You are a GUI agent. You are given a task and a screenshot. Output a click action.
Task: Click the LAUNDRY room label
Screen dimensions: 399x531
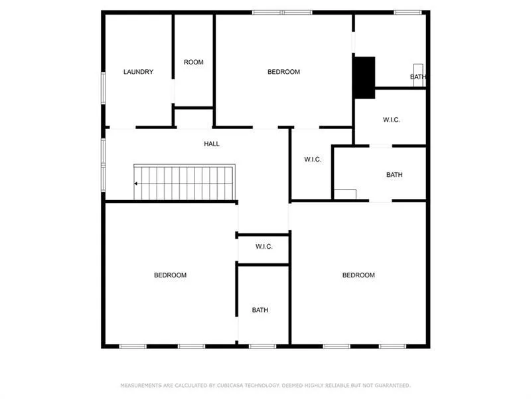click(139, 72)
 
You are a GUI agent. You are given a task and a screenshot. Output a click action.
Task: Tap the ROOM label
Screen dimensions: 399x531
click(194, 63)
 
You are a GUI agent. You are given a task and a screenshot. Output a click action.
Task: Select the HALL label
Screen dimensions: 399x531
click(212, 144)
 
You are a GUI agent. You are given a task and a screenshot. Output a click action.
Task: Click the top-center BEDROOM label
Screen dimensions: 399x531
click(283, 72)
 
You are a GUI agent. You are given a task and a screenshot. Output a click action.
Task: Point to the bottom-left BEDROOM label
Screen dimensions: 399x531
click(170, 275)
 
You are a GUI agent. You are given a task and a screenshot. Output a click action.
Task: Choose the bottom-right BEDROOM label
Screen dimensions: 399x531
click(358, 275)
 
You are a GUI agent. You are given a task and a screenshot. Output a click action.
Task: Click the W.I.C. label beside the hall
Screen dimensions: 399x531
click(313, 160)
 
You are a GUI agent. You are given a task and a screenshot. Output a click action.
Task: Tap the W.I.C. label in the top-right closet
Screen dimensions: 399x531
click(391, 120)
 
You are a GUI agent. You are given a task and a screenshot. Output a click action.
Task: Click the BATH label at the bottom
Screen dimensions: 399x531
click(260, 310)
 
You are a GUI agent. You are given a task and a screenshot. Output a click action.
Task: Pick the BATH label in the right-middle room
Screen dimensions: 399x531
click(394, 175)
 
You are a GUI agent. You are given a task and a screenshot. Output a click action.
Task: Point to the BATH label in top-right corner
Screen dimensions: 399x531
click(417, 77)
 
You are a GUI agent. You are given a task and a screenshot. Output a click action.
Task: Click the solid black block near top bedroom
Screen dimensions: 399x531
click(364, 77)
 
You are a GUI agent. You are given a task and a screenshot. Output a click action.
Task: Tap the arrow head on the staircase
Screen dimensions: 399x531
click(136, 184)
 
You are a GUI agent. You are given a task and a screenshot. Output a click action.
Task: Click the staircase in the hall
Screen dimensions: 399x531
click(186, 184)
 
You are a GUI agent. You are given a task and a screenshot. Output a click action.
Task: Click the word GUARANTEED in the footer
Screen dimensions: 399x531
click(393, 386)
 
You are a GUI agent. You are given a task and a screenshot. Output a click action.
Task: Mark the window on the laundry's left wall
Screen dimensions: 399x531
click(103, 87)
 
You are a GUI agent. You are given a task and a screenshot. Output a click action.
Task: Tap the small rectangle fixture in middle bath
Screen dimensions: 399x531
click(344, 194)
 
